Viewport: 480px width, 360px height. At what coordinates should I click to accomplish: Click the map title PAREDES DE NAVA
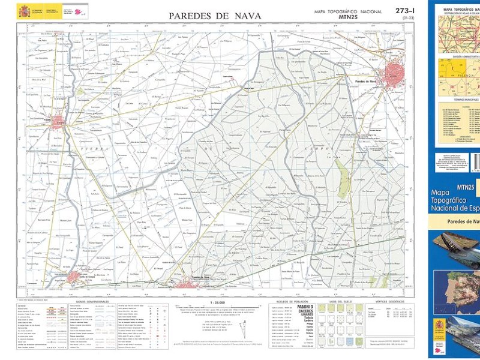214,16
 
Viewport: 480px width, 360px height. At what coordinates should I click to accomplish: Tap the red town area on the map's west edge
58,122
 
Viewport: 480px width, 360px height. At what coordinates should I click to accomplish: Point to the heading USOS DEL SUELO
341,302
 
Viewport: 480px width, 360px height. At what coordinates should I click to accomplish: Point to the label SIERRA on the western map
88,146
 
